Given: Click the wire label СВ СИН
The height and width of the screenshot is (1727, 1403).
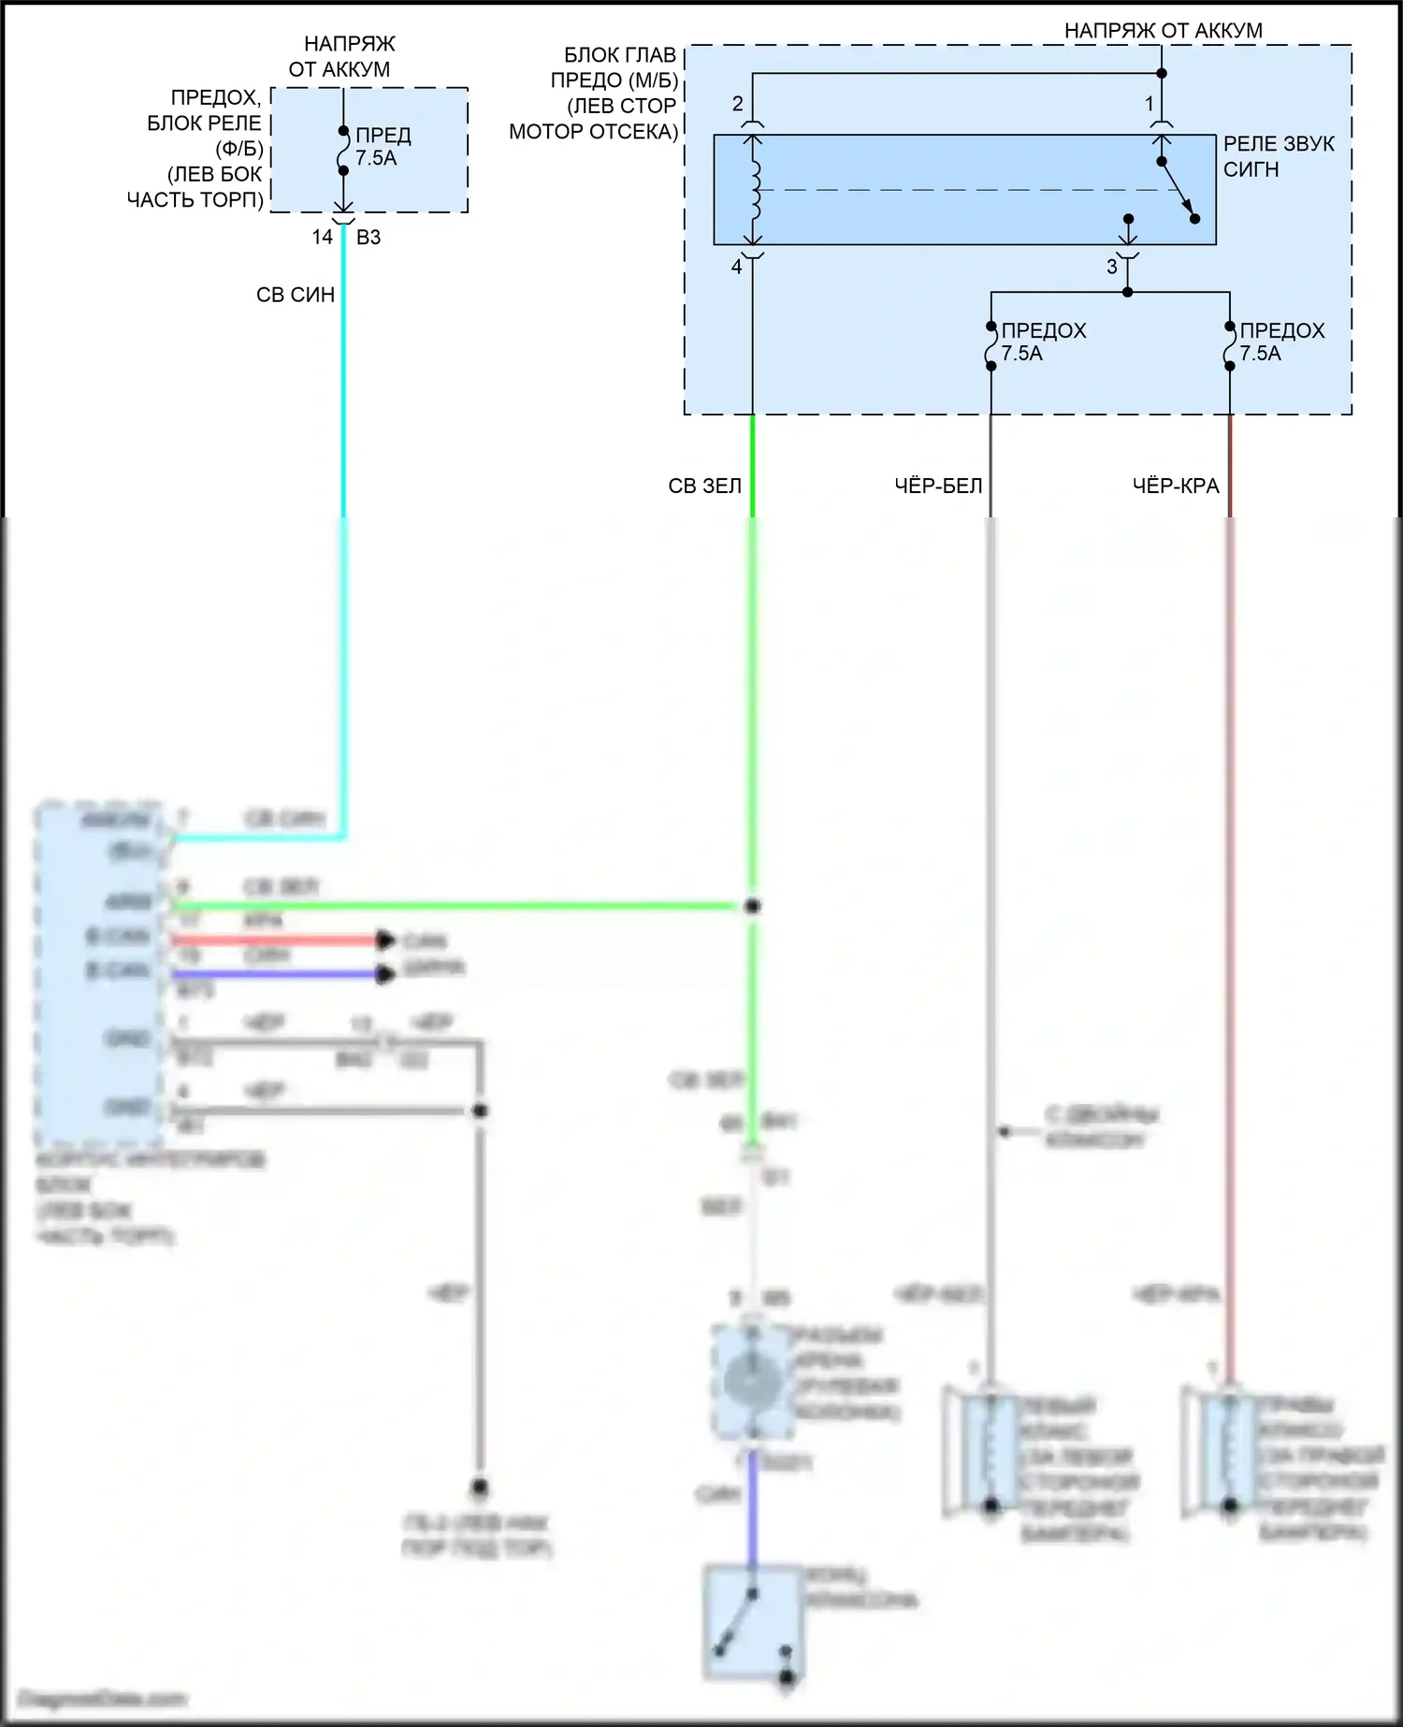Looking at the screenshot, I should [296, 295].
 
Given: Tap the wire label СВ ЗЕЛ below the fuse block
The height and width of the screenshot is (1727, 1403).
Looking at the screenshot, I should [705, 486].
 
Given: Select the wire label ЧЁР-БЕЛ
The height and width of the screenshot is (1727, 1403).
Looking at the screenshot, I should [938, 486].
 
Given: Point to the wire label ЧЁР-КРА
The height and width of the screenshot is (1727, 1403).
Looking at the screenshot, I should [1176, 486].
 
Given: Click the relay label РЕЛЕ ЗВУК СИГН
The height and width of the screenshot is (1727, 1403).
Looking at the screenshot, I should [1278, 156].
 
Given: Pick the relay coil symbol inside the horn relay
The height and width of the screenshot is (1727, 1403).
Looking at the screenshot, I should [754, 189].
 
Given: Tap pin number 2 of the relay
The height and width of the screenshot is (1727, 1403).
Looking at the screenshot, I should [738, 104].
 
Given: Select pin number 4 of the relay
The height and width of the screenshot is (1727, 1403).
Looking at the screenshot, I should [737, 268].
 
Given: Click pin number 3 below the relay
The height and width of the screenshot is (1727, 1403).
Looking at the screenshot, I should [1112, 268].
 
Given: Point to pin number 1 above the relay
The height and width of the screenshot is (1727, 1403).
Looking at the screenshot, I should [1150, 105].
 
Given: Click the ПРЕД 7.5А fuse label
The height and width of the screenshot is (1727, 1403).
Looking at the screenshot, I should [382, 147].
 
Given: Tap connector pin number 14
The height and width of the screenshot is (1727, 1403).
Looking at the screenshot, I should [323, 238].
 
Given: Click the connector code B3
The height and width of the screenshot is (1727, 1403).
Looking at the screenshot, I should [369, 238].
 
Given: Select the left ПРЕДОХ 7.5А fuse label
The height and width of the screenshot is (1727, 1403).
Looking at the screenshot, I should [1042, 342].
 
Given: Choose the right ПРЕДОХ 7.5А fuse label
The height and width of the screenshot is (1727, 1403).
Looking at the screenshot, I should [1280, 342].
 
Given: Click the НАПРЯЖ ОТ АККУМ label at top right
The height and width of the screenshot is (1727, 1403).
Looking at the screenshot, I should [1163, 31].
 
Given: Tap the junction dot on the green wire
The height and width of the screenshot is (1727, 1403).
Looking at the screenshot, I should [753, 906].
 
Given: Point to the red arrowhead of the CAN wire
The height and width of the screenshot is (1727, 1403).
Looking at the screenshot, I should [385, 940].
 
